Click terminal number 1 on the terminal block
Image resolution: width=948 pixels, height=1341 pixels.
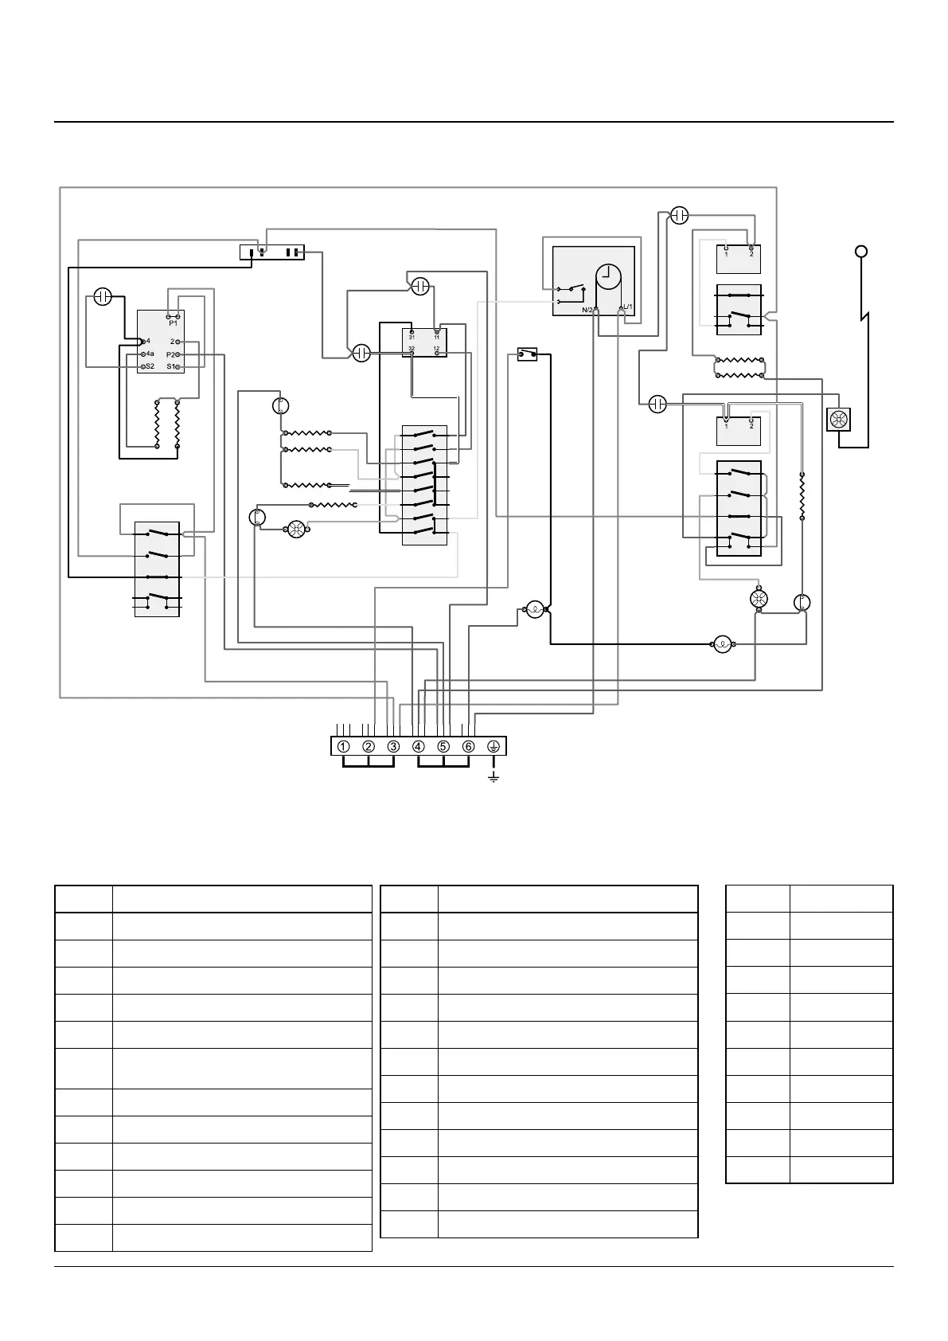click(x=343, y=747)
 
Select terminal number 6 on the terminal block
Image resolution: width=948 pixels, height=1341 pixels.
click(x=469, y=747)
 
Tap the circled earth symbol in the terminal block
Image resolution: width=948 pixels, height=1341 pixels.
click(x=493, y=747)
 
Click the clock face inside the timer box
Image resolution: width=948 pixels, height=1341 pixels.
click(x=609, y=276)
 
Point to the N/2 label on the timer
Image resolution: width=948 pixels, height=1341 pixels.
click(x=587, y=309)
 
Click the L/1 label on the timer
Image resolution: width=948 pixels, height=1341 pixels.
click(x=627, y=307)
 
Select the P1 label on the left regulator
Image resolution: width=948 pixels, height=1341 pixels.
click(x=173, y=323)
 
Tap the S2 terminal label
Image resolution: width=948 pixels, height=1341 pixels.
click(x=149, y=366)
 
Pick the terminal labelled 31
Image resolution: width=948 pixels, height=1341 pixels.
click(x=412, y=337)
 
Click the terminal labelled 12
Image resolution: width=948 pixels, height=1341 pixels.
click(x=436, y=349)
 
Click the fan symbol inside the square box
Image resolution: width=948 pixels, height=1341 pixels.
click(x=840, y=420)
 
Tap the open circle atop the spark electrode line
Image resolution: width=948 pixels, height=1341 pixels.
click(x=860, y=252)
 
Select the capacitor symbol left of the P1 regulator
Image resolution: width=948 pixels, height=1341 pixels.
click(x=102, y=297)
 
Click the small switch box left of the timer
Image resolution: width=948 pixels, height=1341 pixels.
click(x=527, y=354)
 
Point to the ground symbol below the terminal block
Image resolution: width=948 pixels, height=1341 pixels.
click(x=494, y=776)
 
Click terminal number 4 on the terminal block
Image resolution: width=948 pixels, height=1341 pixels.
click(x=419, y=747)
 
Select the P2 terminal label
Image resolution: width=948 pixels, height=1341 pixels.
click(x=171, y=354)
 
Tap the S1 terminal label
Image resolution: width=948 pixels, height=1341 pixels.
click(x=171, y=366)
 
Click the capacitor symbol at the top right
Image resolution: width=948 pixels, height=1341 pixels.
click(x=679, y=215)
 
